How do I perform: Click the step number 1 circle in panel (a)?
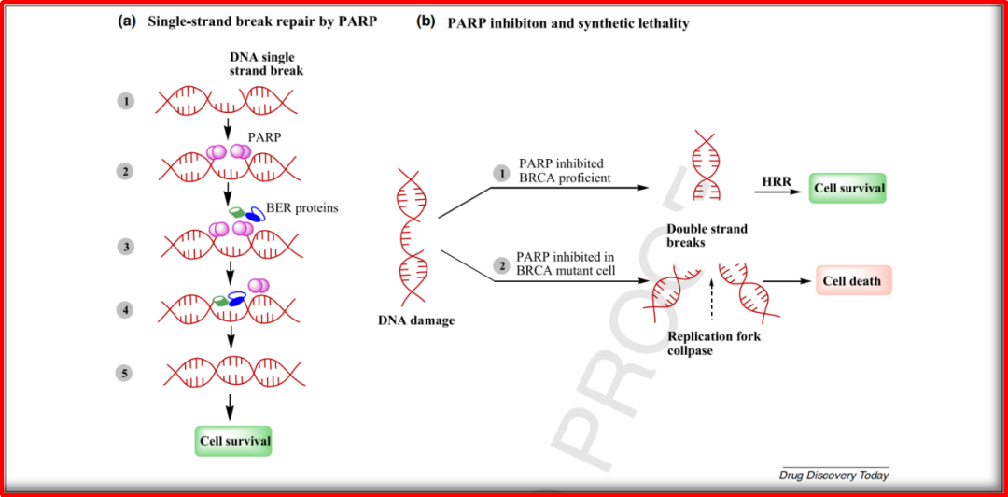(x=125, y=100)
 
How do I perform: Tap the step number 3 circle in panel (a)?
(x=125, y=247)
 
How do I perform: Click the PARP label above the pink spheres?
(x=264, y=136)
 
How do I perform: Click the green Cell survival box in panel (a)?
(x=233, y=440)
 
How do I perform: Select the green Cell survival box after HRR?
(x=847, y=188)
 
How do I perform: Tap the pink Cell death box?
(x=851, y=280)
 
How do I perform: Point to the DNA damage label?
(x=415, y=320)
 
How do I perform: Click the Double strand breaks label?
(x=707, y=235)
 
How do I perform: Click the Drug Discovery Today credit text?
(x=833, y=476)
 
